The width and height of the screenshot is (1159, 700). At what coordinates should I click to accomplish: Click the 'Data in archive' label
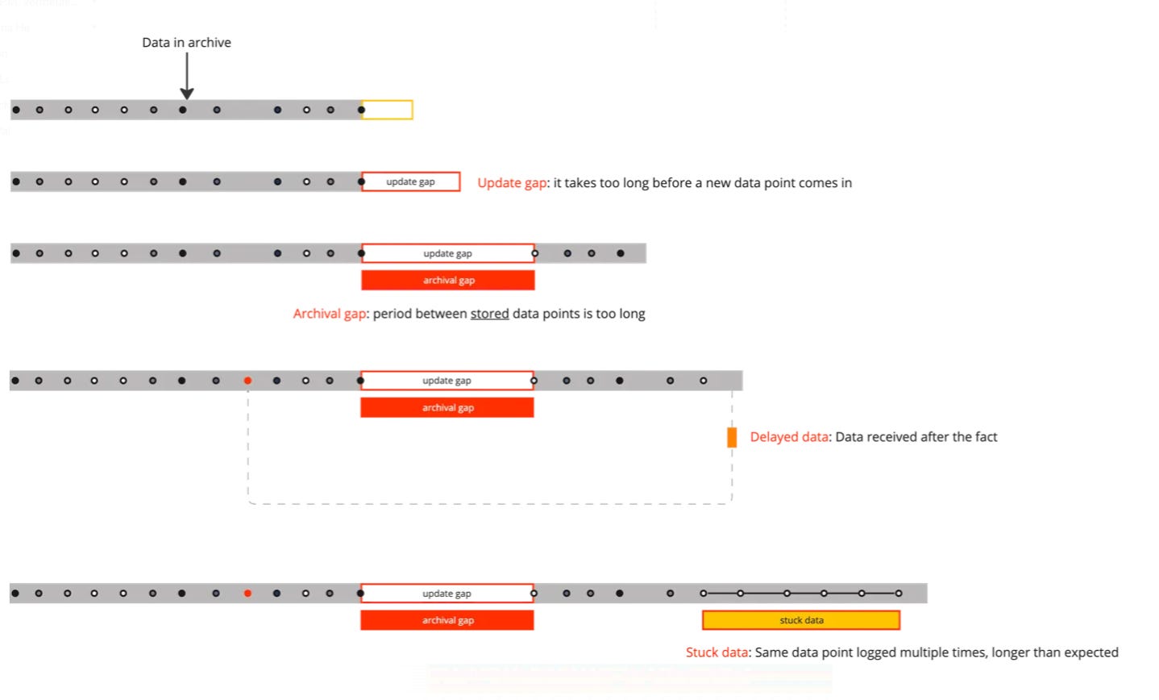186,43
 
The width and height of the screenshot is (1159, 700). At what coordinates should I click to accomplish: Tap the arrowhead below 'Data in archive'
187,94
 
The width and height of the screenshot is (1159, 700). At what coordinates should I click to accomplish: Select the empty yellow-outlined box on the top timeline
387,110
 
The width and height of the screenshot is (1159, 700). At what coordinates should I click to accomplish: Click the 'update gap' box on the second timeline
411,181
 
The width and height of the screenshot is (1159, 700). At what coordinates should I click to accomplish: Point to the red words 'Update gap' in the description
512,183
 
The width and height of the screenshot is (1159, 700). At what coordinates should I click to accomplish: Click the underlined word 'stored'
489,314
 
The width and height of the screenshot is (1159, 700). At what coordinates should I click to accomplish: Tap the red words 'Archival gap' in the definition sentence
330,314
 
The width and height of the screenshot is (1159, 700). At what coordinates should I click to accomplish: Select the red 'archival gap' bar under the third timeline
448,280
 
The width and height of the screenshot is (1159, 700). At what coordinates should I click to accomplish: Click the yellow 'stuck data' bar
801,620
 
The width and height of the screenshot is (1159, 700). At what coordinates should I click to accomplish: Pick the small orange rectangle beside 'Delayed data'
732,437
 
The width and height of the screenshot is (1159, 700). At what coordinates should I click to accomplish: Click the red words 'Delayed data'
789,437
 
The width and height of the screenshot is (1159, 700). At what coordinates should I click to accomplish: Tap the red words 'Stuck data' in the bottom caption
717,652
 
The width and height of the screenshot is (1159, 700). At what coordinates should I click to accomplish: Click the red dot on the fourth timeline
248,381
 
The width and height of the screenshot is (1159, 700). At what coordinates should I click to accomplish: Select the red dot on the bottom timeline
248,594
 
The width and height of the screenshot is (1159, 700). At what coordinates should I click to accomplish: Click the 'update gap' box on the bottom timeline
447,594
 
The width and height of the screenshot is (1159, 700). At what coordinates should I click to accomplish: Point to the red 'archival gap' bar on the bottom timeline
447,620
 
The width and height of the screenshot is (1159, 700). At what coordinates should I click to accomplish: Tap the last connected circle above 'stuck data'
899,594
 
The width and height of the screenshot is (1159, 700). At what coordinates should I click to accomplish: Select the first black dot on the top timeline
17,110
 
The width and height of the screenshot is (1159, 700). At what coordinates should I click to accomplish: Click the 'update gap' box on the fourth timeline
447,381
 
